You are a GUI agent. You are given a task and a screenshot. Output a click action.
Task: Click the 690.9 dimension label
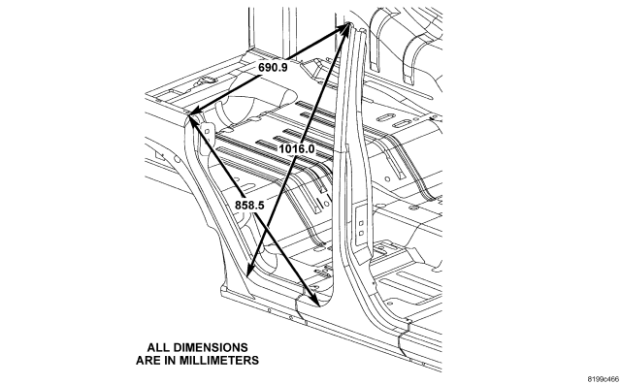pyautogui.click(x=273, y=67)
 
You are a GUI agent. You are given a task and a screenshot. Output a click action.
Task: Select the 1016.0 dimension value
pyautogui.click(x=297, y=148)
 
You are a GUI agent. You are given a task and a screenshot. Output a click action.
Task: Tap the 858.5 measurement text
pyautogui.click(x=249, y=206)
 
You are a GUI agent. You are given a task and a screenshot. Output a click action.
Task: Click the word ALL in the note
pyautogui.click(x=157, y=347)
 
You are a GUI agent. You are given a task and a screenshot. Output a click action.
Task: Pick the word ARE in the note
pyautogui.click(x=147, y=361)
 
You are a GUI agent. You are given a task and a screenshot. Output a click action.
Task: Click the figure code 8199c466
pyautogui.click(x=604, y=379)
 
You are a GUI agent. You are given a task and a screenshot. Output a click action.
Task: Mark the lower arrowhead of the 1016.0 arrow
pyautogui.click(x=249, y=269)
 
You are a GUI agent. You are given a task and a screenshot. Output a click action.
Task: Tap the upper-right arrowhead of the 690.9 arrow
pyautogui.click(x=343, y=28)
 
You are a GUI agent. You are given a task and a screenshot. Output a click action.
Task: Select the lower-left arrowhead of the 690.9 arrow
pyautogui.click(x=197, y=112)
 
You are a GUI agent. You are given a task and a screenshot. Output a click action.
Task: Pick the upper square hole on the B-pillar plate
pyautogui.click(x=361, y=223)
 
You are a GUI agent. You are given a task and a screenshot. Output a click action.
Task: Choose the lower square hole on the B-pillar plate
pyautogui.click(x=361, y=233)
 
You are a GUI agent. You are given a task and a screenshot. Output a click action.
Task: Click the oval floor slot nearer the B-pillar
pyautogui.click(x=401, y=123)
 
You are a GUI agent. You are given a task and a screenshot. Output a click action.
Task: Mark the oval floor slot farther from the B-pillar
pyautogui.click(x=383, y=118)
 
